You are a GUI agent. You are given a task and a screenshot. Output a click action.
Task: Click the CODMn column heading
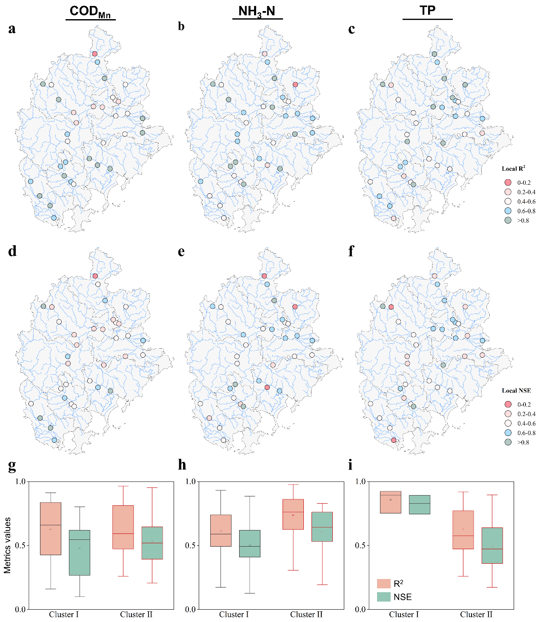click(x=90, y=11)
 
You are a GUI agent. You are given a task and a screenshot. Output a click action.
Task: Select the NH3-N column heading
click(x=257, y=11)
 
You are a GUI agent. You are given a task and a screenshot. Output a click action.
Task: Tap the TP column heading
click(x=427, y=11)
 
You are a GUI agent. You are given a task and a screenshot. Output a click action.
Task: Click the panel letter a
click(x=12, y=29)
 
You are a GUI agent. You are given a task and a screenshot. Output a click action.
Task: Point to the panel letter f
click(x=351, y=251)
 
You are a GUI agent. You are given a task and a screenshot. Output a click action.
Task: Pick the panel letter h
click(x=182, y=464)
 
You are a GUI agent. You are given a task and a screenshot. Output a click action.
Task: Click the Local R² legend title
click(x=513, y=169)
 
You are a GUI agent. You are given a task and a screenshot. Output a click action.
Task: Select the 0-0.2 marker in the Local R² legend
click(x=508, y=182)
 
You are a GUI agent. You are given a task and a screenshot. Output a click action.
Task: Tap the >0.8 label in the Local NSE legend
click(x=523, y=442)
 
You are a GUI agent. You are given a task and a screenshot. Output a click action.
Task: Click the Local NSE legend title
click(x=516, y=390)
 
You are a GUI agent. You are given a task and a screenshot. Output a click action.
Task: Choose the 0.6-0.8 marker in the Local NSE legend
click(x=508, y=433)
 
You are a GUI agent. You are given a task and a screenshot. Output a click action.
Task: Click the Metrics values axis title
click(x=8, y=545)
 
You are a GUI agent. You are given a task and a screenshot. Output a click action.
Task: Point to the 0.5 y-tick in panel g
click(x=20, y=545)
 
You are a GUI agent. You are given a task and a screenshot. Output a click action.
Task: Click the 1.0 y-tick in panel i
click(x=360, y=482)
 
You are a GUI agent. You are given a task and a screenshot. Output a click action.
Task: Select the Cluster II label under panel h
click(x=306, y=614)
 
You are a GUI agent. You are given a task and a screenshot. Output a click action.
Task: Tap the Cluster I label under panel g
click(x=64, y=614)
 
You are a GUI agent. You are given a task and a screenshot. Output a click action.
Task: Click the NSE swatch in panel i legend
click(x=384, y=597)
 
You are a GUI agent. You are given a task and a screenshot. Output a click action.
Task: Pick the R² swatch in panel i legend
click(x=384, y=583)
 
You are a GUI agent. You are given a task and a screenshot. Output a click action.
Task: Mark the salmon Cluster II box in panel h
click(x=293, y=514)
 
